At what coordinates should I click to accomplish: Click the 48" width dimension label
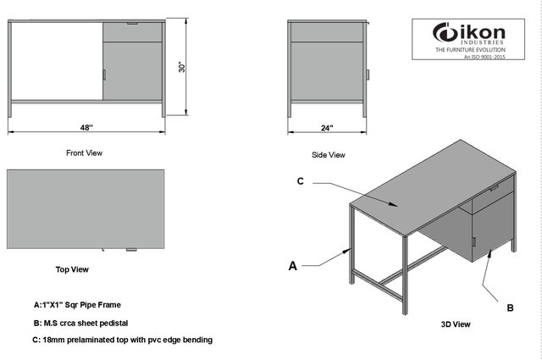point(86,127)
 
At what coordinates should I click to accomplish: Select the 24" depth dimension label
point(327,127)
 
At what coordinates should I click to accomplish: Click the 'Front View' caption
point(84,153)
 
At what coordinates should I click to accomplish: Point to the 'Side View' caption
point(328,155)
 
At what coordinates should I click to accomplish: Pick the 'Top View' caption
point(72,269)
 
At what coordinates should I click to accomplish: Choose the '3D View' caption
point(456,324)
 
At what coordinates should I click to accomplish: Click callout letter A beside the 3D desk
point(293,266)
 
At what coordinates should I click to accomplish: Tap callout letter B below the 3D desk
point(510,308)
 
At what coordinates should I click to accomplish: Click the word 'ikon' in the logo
point(483,34)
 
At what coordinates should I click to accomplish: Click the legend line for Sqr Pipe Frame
point(82,303)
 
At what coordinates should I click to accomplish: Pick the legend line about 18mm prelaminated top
point(122,340)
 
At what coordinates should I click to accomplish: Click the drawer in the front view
point(133,31)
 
